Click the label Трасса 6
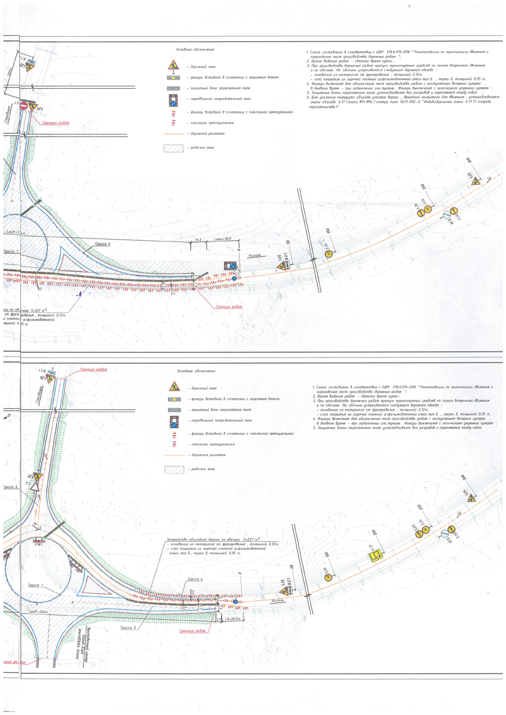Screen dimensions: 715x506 pyautogui.click(x=11, y=487)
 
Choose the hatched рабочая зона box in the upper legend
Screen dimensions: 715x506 pyautogui.click(x=173, y=148)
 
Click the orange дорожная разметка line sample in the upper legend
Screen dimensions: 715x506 pyautogui.click(x=173, y=134)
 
